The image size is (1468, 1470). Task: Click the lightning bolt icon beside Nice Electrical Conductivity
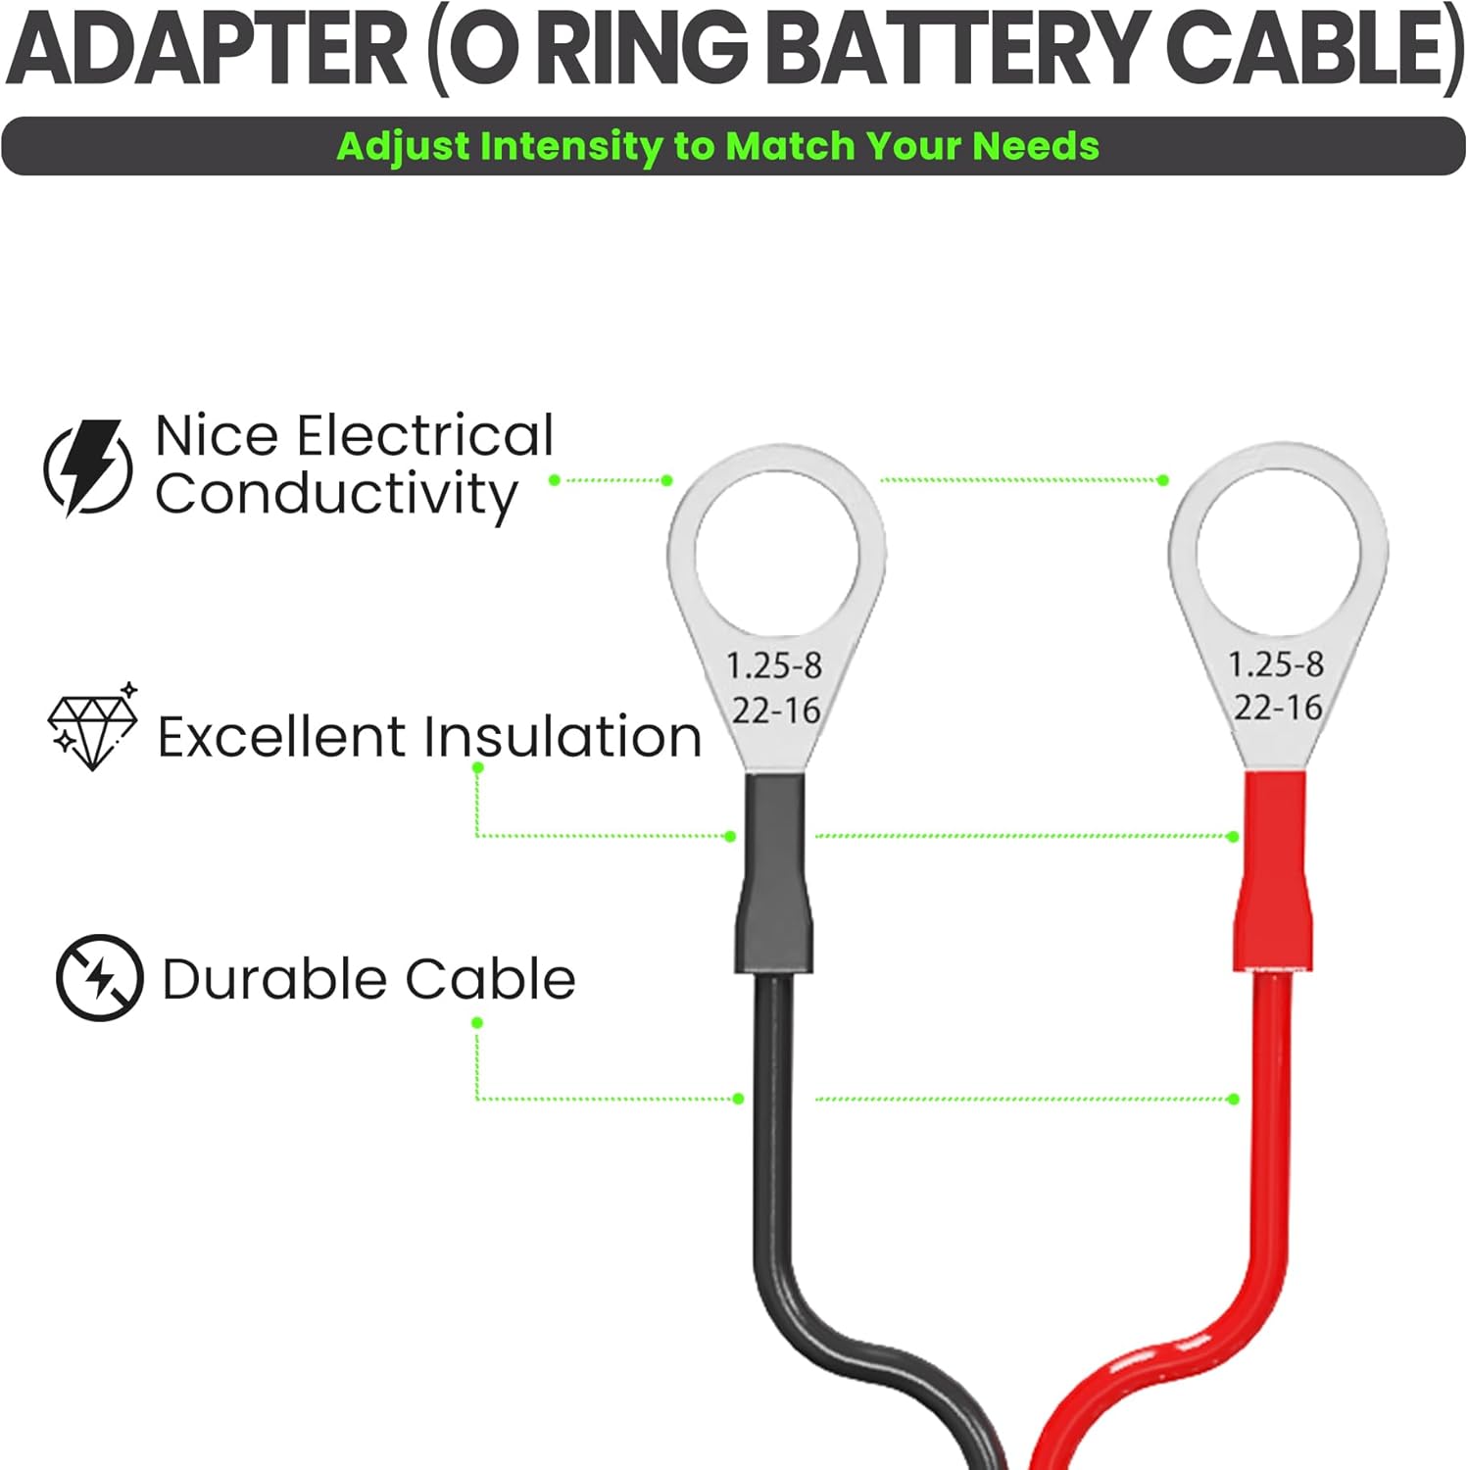click(88, 467)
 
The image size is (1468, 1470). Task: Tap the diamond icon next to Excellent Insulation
click(93, 729)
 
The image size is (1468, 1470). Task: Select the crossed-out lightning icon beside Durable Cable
click(99, 977)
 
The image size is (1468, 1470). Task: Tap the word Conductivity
click(335, 494)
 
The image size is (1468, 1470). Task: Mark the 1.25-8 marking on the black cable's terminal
click(774, 666)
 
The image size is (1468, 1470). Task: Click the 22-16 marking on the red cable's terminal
click(1278, 708)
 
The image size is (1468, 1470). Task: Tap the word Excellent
click(280, 737)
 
